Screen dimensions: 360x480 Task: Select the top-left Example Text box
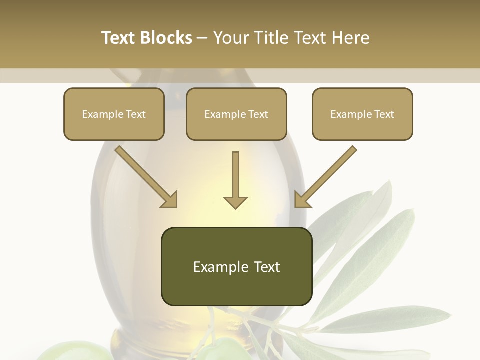tap(114, 114)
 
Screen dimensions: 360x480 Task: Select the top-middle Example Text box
tap(236, 114)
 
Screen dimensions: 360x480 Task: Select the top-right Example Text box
tap(362, 114)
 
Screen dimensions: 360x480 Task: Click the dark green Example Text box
tap(236, 266)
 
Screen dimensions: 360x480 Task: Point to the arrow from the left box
tap(146, 177)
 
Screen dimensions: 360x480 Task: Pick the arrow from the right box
tap(326, 177)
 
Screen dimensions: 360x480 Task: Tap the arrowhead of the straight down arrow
tap(235, 202)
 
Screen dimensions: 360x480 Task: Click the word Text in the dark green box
tap(264, 267)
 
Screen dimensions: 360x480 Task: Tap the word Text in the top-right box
tap(384, 114)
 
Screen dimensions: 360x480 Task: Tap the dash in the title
tap(202, 38)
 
